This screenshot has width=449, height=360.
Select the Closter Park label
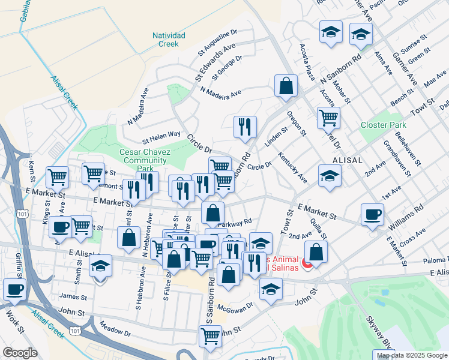383,125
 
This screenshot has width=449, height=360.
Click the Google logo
20,353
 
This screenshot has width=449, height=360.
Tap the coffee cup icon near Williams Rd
372,214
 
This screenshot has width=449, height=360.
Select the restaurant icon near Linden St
245,127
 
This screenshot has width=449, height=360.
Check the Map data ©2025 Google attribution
411,355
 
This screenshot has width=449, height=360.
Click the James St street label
73,296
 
